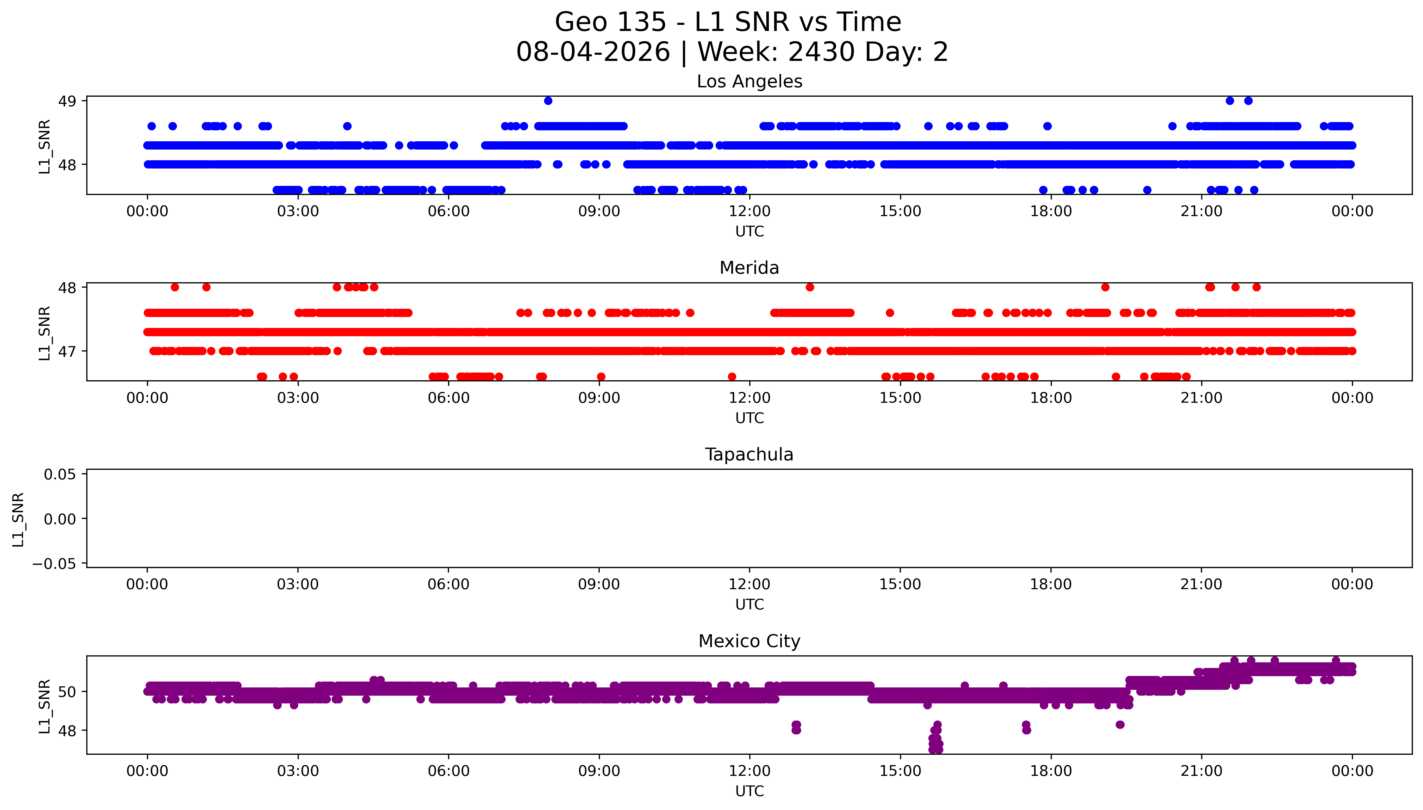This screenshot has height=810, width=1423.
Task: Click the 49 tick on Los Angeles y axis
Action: click(x=67, y=101)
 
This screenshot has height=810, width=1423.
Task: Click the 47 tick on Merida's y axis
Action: click(x=67, y=352)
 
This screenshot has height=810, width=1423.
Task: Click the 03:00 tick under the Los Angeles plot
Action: click(x=298, y=212)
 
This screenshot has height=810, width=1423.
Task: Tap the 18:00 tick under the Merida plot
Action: click(x=1051, y=398)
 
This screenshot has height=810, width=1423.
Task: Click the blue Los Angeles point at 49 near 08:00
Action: click(x=548, y=101)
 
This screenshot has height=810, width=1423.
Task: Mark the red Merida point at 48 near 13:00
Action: click(x=810, y=287)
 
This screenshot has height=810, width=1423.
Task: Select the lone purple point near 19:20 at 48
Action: click(x=1120, y=724)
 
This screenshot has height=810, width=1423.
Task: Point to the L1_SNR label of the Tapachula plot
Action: click(x=18, y=519)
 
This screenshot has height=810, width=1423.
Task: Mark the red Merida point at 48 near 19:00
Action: click(x=1105, y=287)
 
